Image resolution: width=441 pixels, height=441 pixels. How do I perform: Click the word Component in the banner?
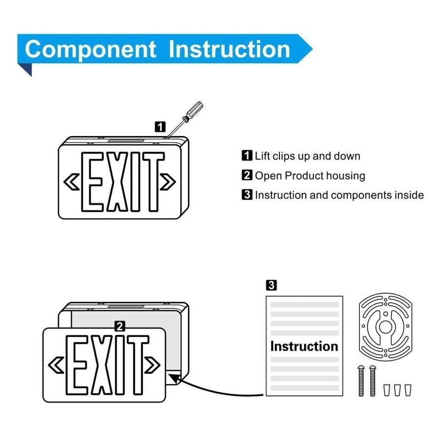pyautogui.click(x=90, y=50)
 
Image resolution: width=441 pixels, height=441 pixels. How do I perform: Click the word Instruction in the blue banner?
pyautogui.click(x=230, y=49)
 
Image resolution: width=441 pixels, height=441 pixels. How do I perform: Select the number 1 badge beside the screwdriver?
pyautogui.click(x=160, y=127)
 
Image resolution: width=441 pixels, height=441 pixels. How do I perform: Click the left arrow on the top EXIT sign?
pyautogui.click(x=72, y=182)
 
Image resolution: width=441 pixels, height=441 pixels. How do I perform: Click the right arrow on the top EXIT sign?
pyautogui.click(x=168, y=182)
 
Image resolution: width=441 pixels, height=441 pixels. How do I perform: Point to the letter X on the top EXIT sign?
pyautogui.click(x=117, y=182)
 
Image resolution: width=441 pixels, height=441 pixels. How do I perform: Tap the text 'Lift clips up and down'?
pyautogui.click(x=307, y=156)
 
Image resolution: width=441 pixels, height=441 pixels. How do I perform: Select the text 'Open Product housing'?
pyautogui.click(x=310, y=175)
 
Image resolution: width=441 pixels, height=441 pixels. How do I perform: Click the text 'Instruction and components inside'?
pyautogui.click(x=339, y=195)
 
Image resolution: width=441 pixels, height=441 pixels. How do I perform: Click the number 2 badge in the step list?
pyautogui.click(x=247, y=175)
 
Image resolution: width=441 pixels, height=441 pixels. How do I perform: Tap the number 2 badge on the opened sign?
pyautogui.click(x=120, y=327)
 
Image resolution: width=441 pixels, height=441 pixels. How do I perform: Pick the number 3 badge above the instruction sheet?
pyautogui.click(x=271, y=285)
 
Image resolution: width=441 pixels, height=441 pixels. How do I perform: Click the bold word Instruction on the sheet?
pyautogui.click(x=304, y=346)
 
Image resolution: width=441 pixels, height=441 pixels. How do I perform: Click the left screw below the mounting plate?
pyautogui.click(x=361, y=381)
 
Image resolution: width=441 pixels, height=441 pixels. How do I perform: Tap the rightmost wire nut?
pyautogui.click(x=408, y=390)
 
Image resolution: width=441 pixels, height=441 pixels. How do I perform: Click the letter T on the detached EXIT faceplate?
pyautogui.click(x=138, y=365)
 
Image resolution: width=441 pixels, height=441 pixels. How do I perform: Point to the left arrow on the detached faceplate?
pyautogui.click(x=56, y=365)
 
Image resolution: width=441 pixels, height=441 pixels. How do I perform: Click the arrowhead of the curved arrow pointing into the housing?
pyautogui.click(x=175, y=379)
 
